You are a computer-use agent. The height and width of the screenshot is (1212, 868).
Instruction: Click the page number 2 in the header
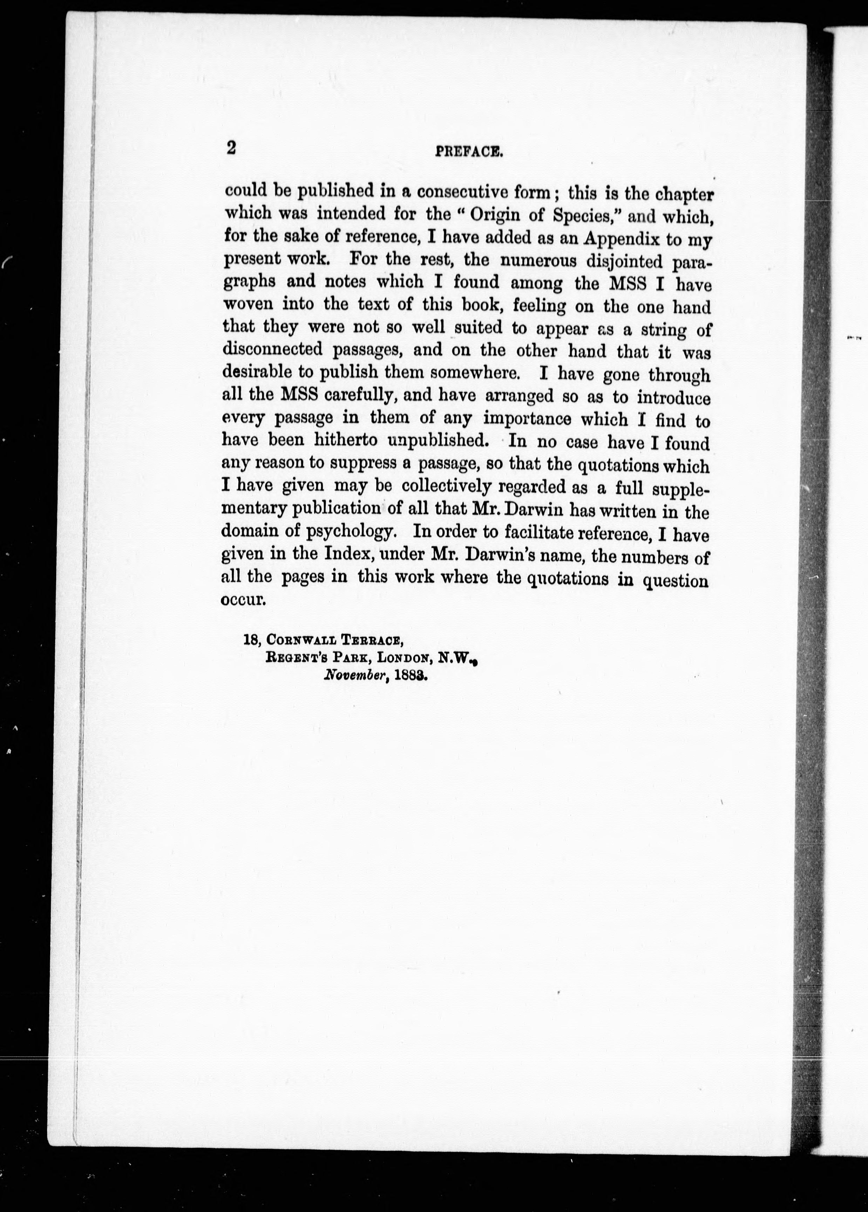tap(231, 148)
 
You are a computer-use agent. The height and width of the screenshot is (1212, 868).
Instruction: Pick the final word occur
tap(243, 600)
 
